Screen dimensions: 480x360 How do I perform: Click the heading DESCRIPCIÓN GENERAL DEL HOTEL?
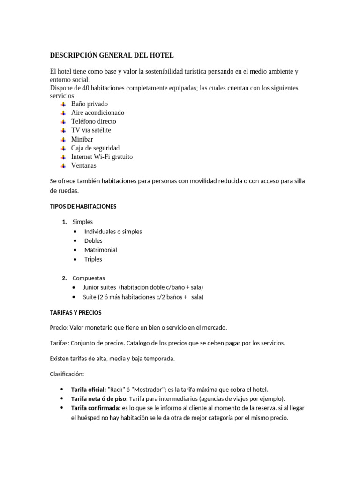[112, 55]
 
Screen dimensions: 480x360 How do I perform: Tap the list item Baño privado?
[89, 104]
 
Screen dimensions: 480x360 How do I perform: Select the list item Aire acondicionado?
[97, 112]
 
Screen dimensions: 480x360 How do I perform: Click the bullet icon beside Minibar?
[64, 139]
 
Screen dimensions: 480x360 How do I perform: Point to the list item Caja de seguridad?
[95, 148]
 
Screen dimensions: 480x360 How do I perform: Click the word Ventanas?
[84, 165]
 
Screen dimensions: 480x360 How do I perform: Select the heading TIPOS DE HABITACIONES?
[83, 206]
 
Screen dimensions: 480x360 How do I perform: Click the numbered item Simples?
[82, 222]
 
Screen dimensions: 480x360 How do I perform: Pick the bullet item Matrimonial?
[100, 250]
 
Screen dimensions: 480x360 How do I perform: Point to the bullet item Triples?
[93, 259]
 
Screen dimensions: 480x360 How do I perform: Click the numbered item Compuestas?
[89, 278]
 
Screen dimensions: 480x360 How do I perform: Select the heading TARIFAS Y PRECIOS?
[75, 312]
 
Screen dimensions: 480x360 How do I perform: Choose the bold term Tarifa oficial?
[88, 390]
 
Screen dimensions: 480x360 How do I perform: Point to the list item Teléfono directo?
[93, 121]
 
